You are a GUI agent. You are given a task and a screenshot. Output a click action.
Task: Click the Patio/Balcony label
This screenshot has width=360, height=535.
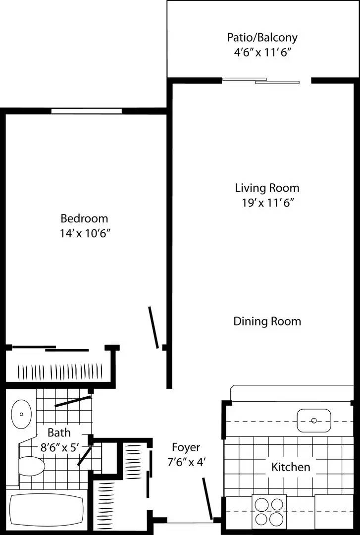pyautogui.click(x=262, y=38)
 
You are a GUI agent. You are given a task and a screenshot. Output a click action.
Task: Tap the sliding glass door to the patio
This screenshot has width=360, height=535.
pyautogui.click(x=261, y=80)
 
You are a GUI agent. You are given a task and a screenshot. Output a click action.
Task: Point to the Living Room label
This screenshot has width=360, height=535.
pyautogui.click(x=267, y=188)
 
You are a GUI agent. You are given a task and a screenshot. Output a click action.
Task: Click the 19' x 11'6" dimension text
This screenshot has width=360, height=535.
pyautogui.click(x=267, y=203)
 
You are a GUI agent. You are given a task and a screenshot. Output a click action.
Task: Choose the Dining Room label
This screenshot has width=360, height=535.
pyautogui.click(x=267, y=321)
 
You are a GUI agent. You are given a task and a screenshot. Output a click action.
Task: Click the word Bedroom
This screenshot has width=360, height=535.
pyautogui.click(x=84, y=218)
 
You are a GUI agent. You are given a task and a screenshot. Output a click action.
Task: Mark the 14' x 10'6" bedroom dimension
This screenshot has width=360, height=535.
pyautogui.click(x=84, y=233)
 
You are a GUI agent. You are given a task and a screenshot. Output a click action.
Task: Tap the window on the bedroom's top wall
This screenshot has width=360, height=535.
pyautogui.click(x=87, y=111)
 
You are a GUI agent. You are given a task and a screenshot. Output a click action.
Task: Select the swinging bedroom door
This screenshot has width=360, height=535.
pyautogui.click(x=154, y=327)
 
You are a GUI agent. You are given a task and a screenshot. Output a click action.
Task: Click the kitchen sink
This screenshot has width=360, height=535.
pyautogui.click(x=313, y=421)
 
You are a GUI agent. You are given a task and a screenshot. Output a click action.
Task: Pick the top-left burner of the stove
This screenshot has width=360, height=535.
pyautogui.click(x=261, y=504)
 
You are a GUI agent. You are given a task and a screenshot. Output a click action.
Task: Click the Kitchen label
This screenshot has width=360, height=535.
pyautogui.click(x=291, y=467)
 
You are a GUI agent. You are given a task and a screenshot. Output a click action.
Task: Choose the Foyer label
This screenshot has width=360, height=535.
pyautogui.click(x=186, y=448)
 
